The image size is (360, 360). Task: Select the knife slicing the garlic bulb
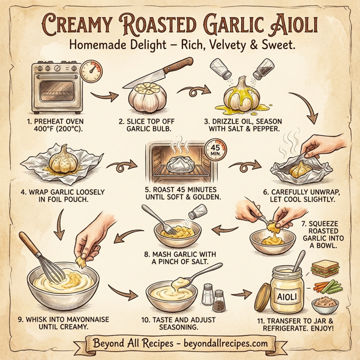(x=162, y=72)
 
